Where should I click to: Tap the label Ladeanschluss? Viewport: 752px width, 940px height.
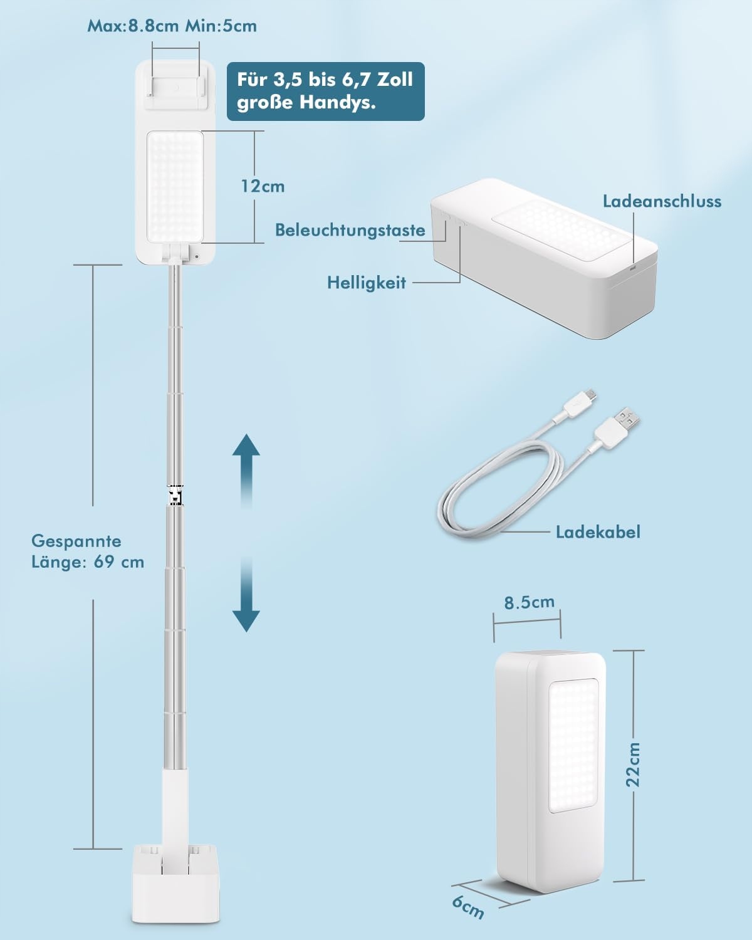tap(662, 201)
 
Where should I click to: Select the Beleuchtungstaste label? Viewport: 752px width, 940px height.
tap(350, 230)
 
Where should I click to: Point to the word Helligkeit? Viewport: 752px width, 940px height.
tap(367, 283)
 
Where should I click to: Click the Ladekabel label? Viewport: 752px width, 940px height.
tap(598, 532)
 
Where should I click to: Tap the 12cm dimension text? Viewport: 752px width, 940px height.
tap(263, 186)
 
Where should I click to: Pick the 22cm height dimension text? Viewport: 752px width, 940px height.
tap(634, 765)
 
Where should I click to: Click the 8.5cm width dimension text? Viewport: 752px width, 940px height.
tap(530, 602)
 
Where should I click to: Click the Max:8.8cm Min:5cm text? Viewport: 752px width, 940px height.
tap(172, 26)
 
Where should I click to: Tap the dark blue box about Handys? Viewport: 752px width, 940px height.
tap(325, 91)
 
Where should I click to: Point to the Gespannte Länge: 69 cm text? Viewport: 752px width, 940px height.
tap(88, 551)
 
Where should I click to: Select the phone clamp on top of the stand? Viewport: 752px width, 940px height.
tap(175, 81)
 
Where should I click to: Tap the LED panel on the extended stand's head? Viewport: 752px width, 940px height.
tap(175, 187)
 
